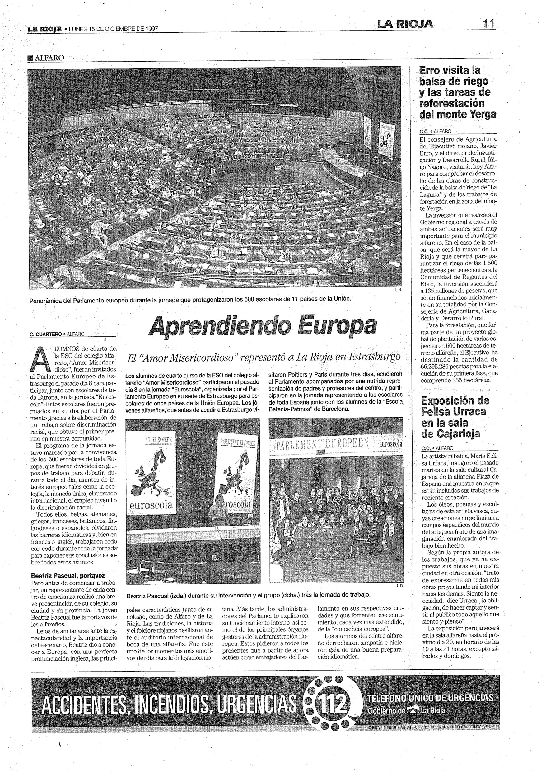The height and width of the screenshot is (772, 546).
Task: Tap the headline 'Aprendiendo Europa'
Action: click(263, 326)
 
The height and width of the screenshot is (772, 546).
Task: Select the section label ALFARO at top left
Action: click(49, 58)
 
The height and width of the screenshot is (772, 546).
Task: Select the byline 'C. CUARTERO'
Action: click(46, 334)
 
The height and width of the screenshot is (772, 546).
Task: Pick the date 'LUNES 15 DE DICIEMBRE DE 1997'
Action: click(114, 29)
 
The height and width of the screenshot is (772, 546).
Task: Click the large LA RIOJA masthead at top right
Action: click(405, 24)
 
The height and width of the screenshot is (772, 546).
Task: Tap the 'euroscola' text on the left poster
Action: click(151, 505)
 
